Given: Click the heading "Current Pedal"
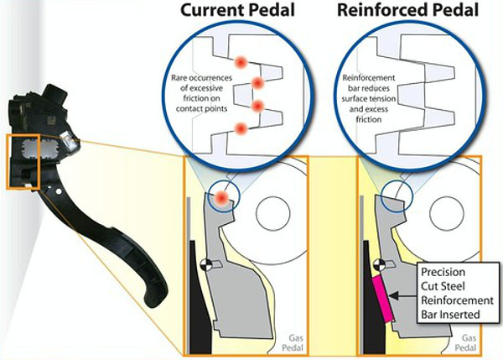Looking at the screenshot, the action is coord(238,10).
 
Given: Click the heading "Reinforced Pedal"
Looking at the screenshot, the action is coord(408,10).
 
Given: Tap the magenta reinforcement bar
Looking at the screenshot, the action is coord(382,299).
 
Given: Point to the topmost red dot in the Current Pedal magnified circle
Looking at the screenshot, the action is coord(241,62).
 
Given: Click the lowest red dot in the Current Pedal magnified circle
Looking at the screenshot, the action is coord(241,128).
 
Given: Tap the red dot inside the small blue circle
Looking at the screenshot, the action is coord(222,197).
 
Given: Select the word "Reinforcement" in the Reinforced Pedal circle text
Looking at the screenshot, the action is coord(369,78).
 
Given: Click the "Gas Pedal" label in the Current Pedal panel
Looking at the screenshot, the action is coord(293,342).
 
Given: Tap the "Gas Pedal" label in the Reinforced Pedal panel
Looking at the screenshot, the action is coord(466,342).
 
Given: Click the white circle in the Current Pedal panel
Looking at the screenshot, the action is coord(273,213).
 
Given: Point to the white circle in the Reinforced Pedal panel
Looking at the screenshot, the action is coord(447,213).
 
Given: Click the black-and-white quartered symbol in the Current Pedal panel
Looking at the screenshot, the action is coord(205,264).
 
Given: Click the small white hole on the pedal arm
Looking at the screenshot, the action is coord(59,191).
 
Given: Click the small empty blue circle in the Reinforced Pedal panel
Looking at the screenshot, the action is coord(396,196).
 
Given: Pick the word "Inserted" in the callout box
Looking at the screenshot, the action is coord(450,315).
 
